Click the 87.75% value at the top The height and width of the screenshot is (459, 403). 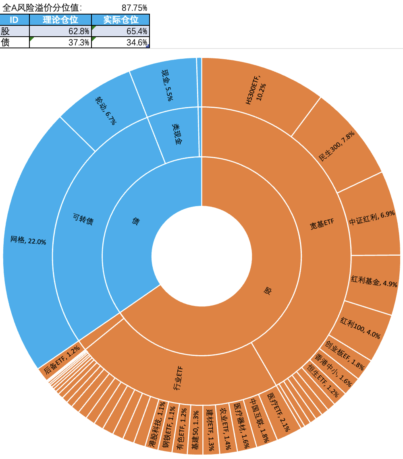pos(134,8)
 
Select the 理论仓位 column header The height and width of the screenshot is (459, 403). pos(60,20)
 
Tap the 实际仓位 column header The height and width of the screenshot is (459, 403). pos(121,20)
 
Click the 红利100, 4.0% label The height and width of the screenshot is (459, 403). pos(360,329)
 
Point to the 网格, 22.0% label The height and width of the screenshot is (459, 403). pos(28,240)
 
